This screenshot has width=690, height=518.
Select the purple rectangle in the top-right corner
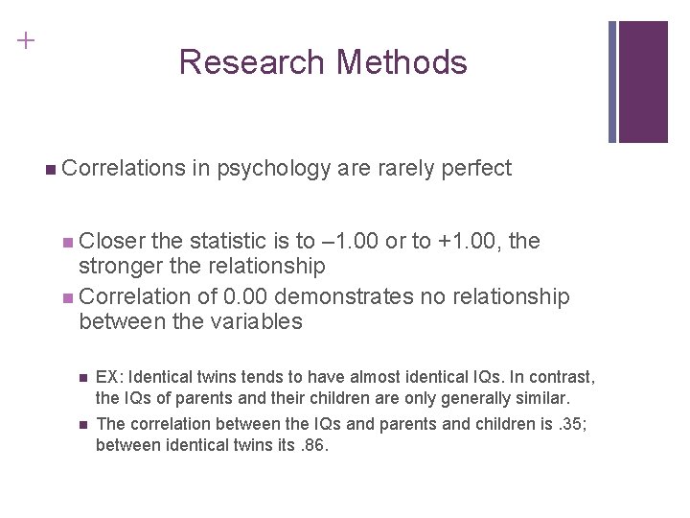pyautogui.click(x=643, y=82)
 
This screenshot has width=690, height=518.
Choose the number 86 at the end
pyautogui.click(x=314, y=445)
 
